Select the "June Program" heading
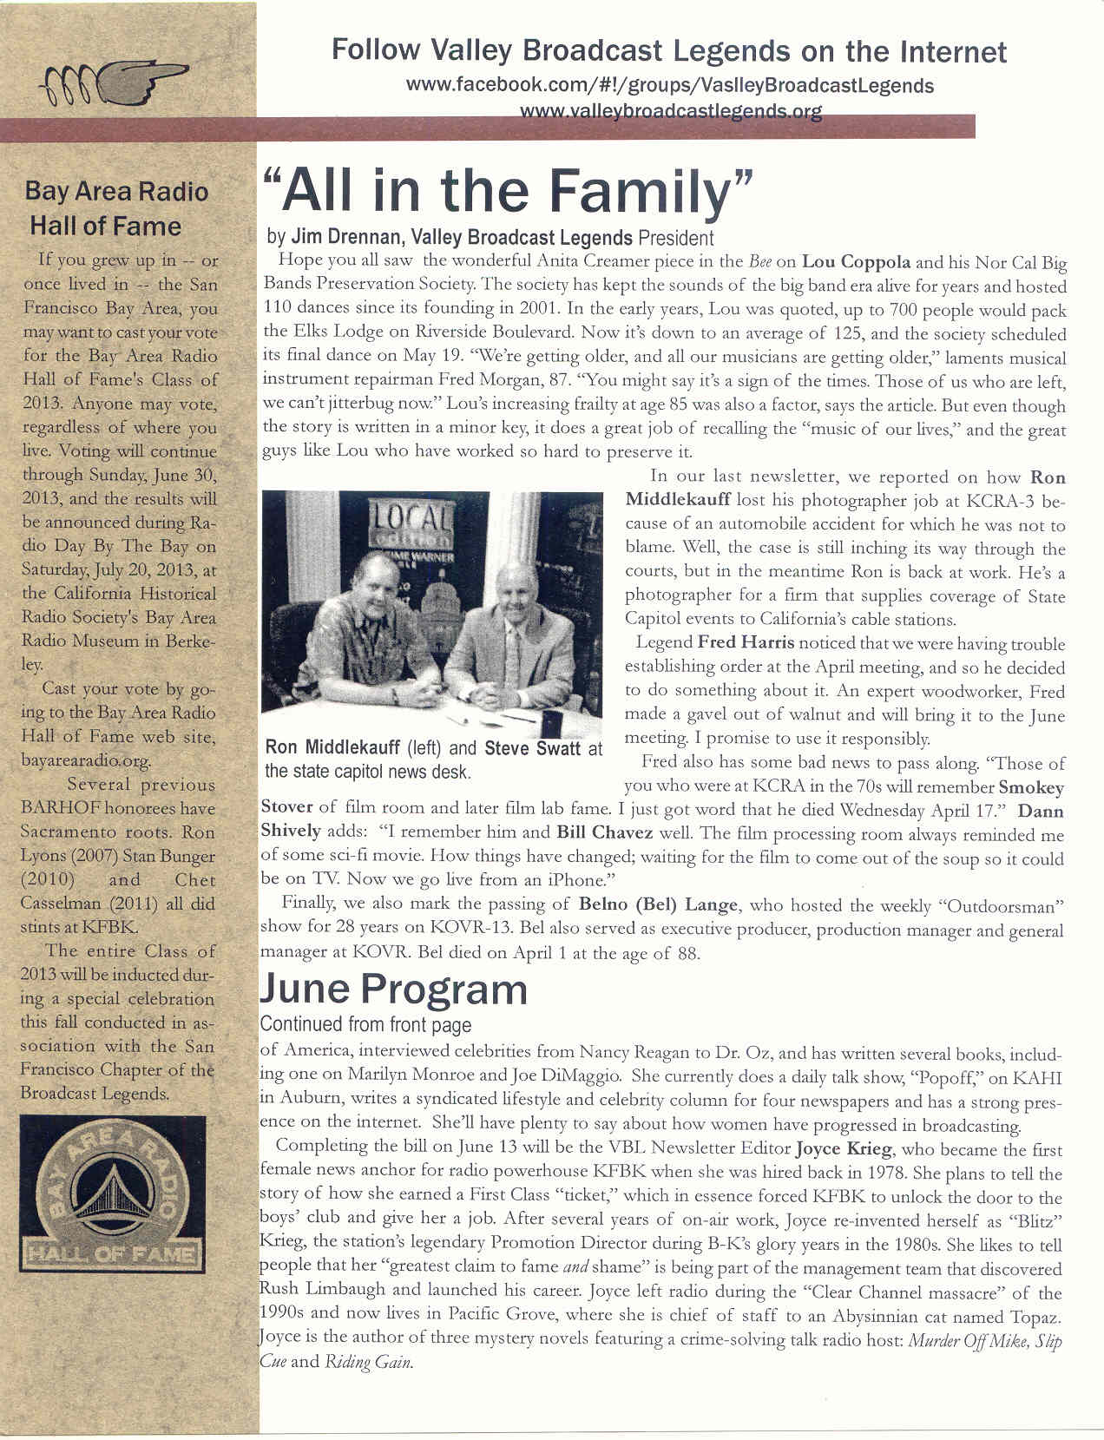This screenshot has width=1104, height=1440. [x=393, y=990]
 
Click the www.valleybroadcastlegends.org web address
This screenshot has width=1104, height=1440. [x=670, y=112]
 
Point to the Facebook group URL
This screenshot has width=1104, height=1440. [x=669, y=86]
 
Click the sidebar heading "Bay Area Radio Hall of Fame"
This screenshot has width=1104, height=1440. [x=116, y=208]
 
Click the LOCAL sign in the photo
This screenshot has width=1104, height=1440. [x=413, y=523]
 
